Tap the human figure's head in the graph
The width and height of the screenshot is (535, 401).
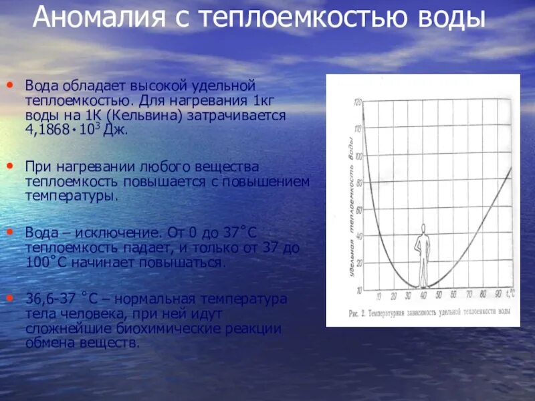[x=423, y=229]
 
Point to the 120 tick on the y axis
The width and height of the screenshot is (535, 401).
[x=358, y=102]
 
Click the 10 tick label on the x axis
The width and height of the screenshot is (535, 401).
[x=379, y=295]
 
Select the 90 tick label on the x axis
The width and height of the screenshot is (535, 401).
[x=499, y=294]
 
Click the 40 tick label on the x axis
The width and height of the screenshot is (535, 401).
[x=423, y=295]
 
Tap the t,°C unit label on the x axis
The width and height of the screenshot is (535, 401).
[x=512, y=293]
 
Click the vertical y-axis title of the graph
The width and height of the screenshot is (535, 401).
[x=349, y=200]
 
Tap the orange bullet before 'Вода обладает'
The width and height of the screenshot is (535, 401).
[x=10, y=86]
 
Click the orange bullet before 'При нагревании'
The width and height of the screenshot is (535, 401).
[x=10, y=165]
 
